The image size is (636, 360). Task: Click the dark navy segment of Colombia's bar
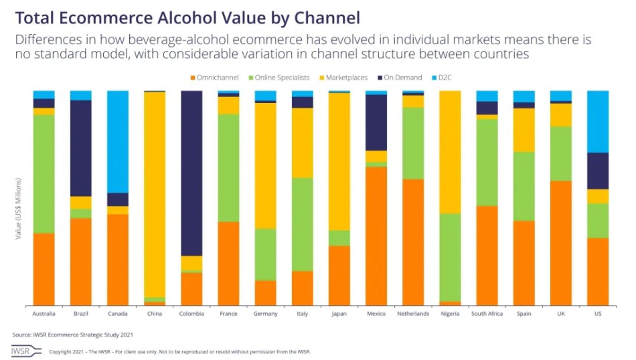(x=191, y=173)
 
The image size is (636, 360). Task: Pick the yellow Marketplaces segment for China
(x=155, y=194)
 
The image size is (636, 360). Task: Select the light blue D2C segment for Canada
(x=118, y=141)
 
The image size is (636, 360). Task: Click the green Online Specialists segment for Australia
(x=44, y=174)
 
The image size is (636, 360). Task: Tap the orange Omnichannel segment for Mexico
(x=376, y=236)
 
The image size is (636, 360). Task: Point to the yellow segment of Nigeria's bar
(x=450, y=152)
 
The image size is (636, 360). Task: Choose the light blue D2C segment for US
(x=597, y=121)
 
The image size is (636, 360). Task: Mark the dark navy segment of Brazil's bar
(x=81, y=148)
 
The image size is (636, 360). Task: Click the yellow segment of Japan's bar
(x=339, y=161)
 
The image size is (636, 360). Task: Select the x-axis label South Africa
(x=487, y=313)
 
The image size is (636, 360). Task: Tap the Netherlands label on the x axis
(x=413, y=313)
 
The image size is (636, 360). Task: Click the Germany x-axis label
(x=265, y=313)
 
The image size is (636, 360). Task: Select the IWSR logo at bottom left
(x=21, y=351)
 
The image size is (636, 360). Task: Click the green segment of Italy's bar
(x=303, y=224)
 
